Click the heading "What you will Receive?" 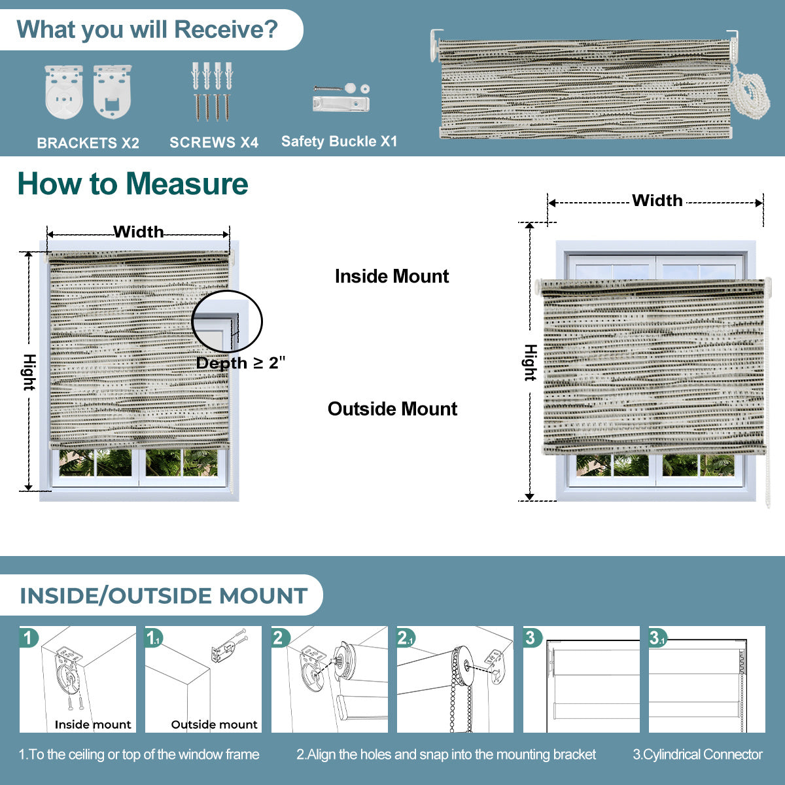[x=147, y=29]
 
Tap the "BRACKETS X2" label [x=88, y=143]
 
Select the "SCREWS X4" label [x=214, y=143]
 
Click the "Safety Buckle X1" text [x=339, y=141]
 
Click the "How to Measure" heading [x=133, y=184]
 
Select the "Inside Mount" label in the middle [x=391, y=276]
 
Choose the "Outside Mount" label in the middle [x=392, y=409]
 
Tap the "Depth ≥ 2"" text [x=241, y=363]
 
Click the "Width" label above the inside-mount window [x=138, y=232]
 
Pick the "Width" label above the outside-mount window [x=657, y=201]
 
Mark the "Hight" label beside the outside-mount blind [x=530, y=362]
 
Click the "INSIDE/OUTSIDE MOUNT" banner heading [x=164, y=596]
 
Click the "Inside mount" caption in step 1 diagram [x=92, y=724]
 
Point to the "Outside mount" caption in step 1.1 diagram [x=214, y=724]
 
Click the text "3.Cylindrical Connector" [x=697, y=754]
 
